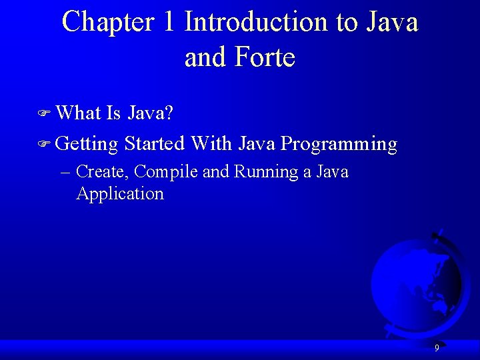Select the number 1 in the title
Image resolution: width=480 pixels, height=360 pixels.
[169, 22]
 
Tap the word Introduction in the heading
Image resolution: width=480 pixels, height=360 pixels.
[257, 22]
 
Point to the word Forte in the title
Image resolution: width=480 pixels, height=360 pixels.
[265, 57]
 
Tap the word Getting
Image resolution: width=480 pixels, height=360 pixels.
[87, 144]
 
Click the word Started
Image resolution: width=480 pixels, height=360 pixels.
[154, 143]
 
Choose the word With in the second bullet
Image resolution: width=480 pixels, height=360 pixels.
[211, 143]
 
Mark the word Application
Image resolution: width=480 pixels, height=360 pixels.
[120, 194]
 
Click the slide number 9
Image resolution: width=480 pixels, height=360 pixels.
[437, 348]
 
